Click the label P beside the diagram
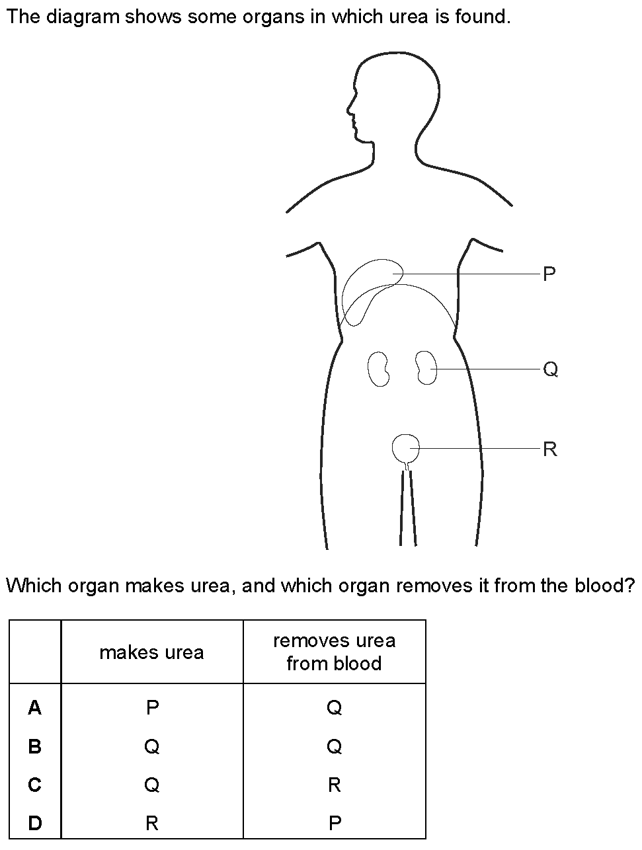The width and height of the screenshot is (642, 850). (x=549, y=274)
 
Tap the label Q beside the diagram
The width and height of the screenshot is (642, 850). (x=550, y=369)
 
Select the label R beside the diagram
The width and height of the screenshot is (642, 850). (x=549, y=449)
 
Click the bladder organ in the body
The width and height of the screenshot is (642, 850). (x=405, y=449)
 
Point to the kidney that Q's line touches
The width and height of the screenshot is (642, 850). (x=426, y=367)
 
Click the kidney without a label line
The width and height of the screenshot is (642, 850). (x=378, y=368)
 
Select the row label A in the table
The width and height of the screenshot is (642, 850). (x=35, y=708)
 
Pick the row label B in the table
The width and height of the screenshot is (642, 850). (x=35, y=746)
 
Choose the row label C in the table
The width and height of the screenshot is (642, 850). (x=35, y=785)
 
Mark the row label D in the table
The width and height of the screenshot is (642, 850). (x=35, y=823)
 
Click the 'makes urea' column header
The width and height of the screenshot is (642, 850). (x=151, y=652)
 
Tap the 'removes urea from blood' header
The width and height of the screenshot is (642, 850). (x=334, y=652)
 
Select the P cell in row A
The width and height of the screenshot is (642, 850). (x=152, y=708)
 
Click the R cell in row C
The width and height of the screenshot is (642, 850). (x=334, y=785)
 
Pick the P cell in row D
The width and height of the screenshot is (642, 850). (x=335, y=823)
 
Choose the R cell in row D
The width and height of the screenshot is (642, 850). (x=152, y=823)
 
